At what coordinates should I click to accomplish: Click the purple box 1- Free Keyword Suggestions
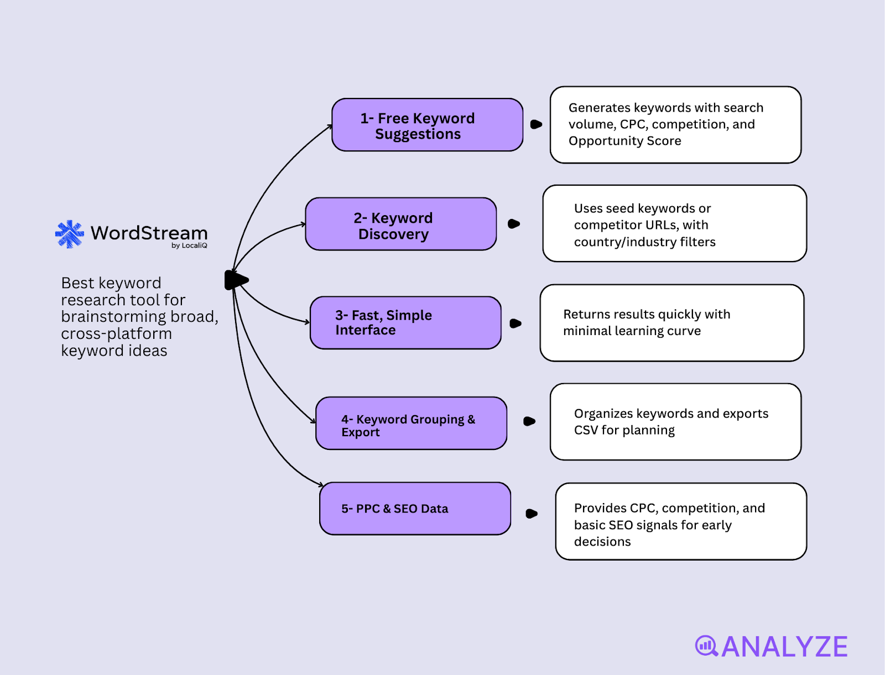(427, 125)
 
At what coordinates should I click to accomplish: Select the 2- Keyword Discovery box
(400, 224)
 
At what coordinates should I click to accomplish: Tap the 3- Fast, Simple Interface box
(405, 323)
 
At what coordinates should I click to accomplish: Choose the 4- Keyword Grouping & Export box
(411, 423)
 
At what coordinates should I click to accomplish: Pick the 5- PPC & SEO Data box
(415, 509)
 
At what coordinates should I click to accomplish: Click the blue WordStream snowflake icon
(70, 234)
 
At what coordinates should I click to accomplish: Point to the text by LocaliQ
(189, 245)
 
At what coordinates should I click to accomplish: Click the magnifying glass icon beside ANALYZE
(706, 646)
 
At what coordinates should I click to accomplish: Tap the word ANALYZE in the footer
(784, 647)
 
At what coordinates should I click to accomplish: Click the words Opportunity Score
(624, 141)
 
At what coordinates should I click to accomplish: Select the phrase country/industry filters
(644, 242)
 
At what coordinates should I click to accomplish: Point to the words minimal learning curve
(632, 331)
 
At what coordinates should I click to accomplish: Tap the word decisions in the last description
(602, 542)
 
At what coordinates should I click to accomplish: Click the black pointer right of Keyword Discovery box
(514, 224)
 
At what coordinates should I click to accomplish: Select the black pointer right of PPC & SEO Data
(532, 514)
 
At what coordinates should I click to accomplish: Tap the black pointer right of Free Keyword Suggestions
(536, 124)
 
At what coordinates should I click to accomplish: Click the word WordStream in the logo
(149, 233)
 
